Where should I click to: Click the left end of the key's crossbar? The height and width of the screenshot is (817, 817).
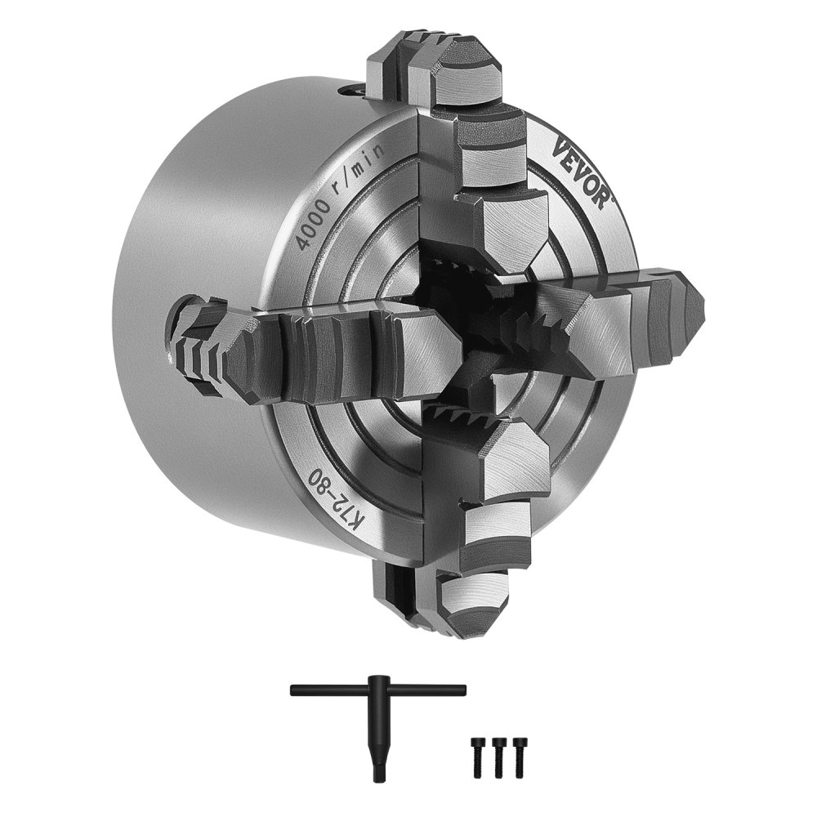[294, 690]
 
